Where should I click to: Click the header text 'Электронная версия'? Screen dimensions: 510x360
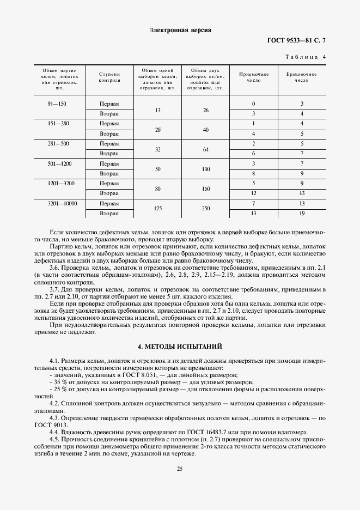pos(180,30)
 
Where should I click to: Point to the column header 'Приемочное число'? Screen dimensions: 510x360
pos(254,77)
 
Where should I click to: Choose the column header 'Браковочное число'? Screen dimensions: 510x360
pos(302,77)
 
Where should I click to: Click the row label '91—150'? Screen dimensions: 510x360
pos(57,104)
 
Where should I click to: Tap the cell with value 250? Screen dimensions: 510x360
pos(205,209)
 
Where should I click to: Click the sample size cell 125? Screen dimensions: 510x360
pos(157,209)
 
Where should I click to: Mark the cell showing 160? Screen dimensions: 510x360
pos(205,189)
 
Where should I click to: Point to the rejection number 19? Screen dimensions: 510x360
pos(302,214)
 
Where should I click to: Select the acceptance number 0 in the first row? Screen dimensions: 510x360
pos(254,104)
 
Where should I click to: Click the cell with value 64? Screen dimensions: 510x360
pos(205,149)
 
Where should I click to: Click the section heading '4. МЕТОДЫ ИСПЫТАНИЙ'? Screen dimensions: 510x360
pos(180,347)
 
